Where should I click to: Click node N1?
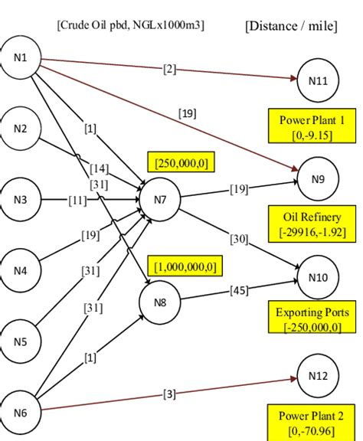pos(21,59)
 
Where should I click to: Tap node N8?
pos(159,301)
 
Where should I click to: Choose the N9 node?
pos(318,178)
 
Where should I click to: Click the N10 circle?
pos(318,276)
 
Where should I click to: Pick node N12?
pos(318,376)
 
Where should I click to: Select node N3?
pos(21,200)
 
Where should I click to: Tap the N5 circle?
pos(21,341)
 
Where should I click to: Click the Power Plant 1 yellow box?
pos(306,126)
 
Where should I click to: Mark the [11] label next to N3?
pos(78,201)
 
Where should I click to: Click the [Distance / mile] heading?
pos(292,27)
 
